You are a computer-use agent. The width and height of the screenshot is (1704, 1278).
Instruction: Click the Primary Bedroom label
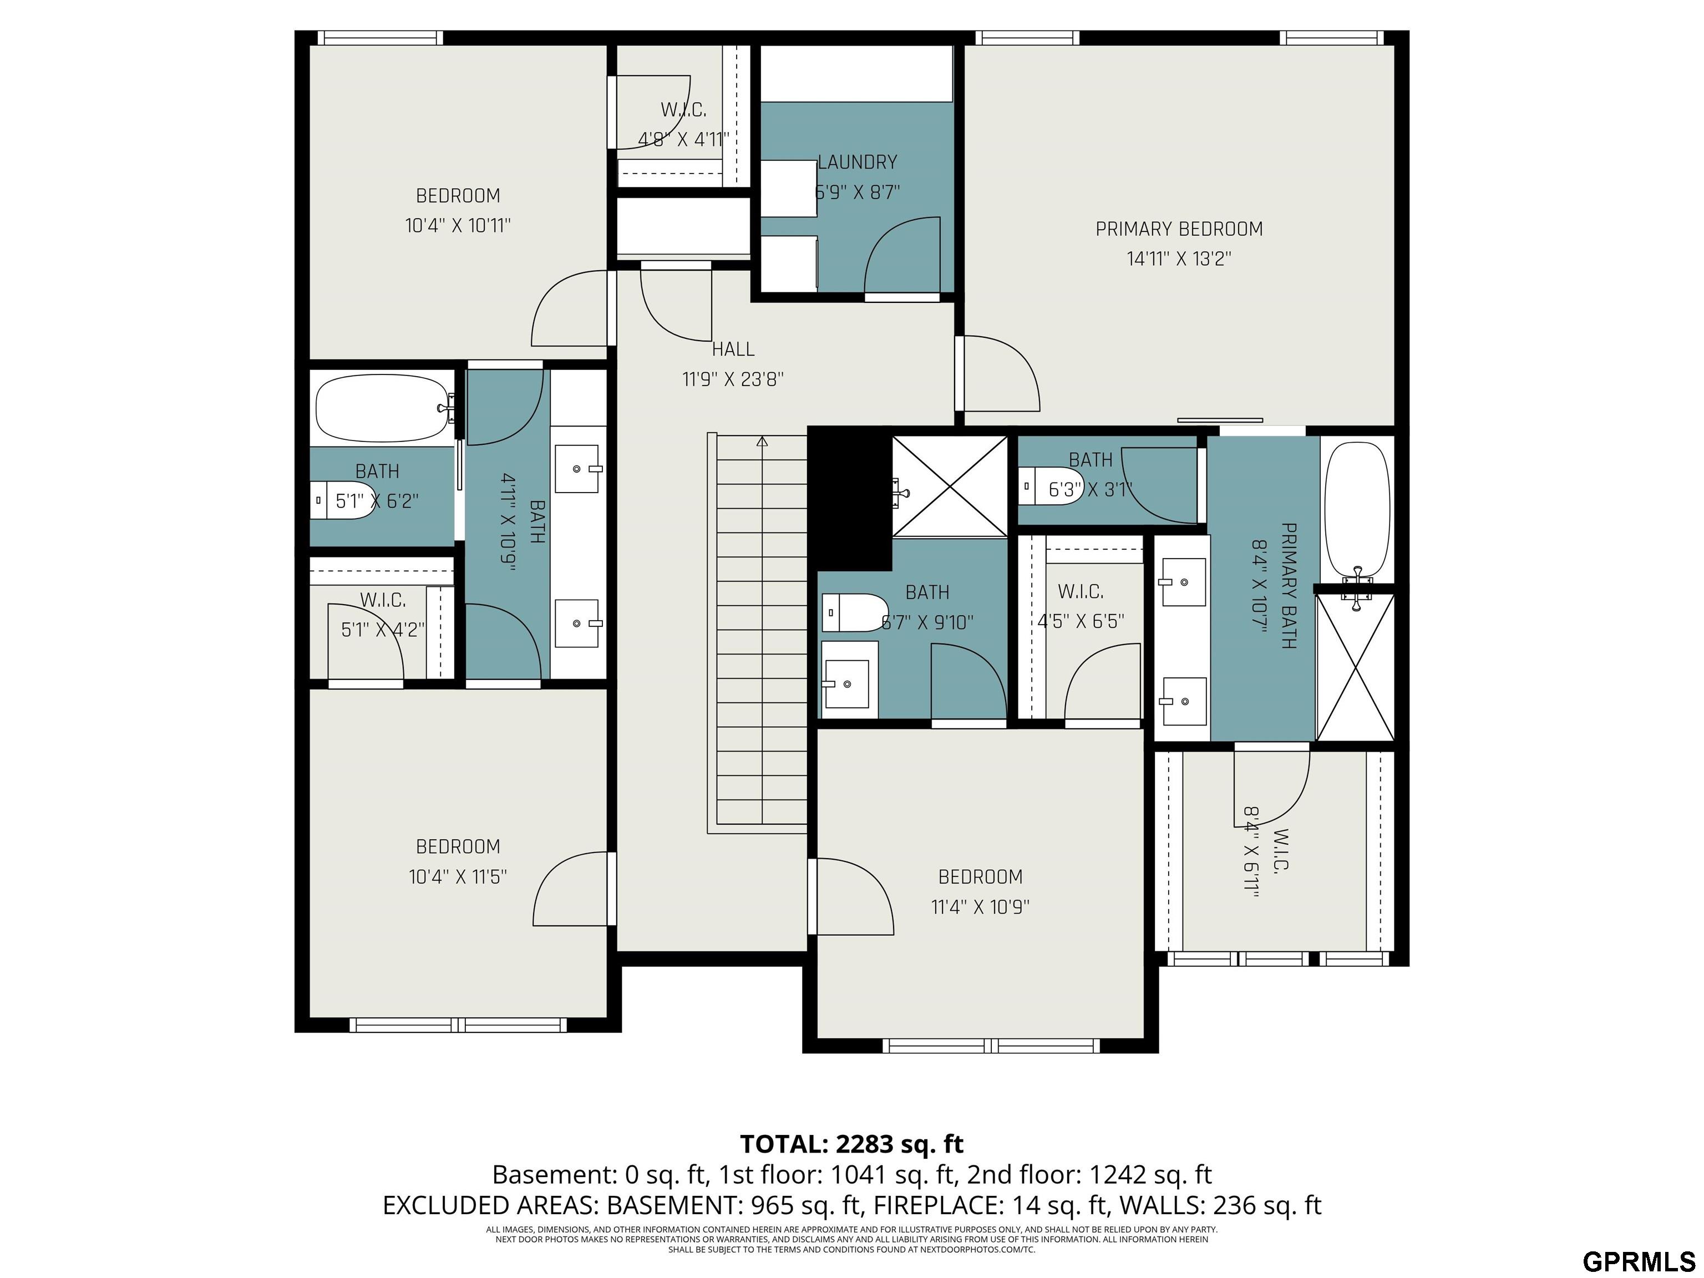click(1179, 229)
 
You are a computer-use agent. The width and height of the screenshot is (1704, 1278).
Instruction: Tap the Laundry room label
click(858, 163)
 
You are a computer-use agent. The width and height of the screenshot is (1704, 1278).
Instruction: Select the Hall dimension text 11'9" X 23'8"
click(733, 379)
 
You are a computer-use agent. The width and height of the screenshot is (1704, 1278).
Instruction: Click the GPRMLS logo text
click(1639, 1262)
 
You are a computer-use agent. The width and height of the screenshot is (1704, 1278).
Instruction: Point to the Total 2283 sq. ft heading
click(852, 1144)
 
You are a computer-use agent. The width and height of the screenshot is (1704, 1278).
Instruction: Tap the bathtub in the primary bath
click(1357, 511)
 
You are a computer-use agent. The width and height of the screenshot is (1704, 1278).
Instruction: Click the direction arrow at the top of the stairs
click(762, 442)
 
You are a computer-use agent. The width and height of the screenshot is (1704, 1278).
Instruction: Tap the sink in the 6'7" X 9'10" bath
click(850, 679)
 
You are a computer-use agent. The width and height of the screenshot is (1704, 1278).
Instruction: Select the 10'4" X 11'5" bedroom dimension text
click(458, 876)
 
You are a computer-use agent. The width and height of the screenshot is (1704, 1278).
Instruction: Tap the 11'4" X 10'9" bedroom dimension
click(980, 907)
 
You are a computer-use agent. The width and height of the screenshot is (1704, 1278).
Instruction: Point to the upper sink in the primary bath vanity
click(1183, 582)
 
